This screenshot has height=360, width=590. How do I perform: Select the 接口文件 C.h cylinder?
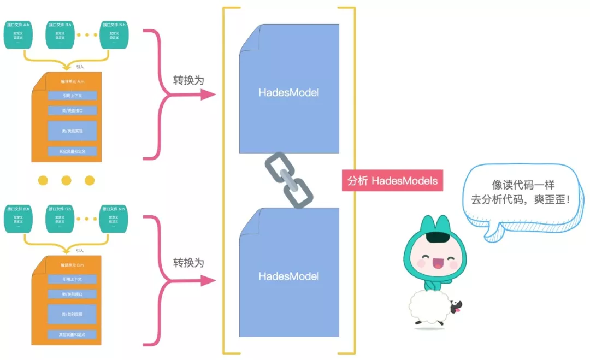(60, 219)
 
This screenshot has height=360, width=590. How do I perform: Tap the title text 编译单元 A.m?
(72, 82)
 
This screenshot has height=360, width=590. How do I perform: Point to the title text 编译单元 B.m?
(72, 265)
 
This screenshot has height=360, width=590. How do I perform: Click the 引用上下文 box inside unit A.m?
(72, 96)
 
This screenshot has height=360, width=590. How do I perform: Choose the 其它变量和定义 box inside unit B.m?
(72, 334)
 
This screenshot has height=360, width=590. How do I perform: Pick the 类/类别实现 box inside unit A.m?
(72, 131)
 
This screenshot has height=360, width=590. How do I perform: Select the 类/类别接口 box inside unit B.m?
(72, 294)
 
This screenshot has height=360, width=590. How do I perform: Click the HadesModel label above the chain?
(288, 93)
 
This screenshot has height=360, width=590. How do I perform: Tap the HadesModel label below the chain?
(288, 276)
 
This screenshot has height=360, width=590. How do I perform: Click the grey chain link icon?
(288, 181)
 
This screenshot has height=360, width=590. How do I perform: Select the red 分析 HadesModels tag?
(392, 181)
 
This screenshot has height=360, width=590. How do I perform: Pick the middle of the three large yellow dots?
(66, 180)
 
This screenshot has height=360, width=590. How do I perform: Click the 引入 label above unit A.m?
(80, 67)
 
